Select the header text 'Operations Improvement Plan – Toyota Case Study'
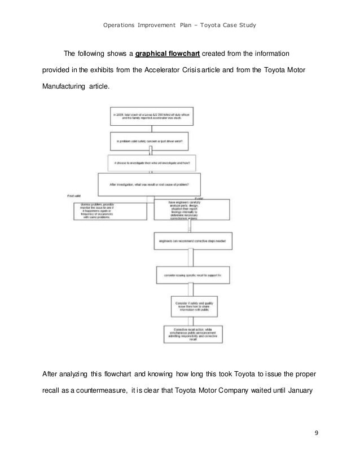click(179, 25)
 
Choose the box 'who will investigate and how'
click(150, 163)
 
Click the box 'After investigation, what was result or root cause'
click(150, 184)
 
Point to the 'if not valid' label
click(74, 195)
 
